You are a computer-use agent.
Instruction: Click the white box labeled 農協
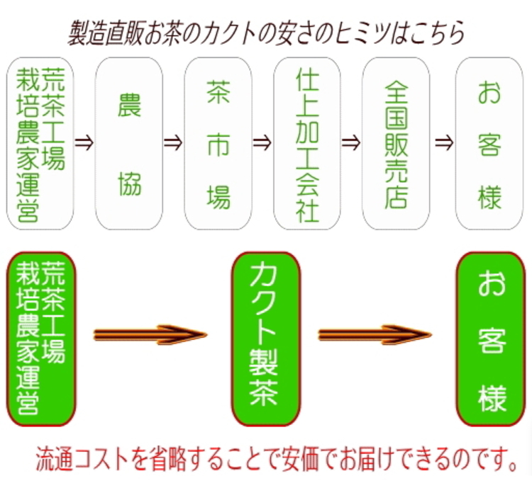(129, 143)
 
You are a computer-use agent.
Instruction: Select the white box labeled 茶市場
(218, 143)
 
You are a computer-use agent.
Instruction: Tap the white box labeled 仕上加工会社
(307, 143)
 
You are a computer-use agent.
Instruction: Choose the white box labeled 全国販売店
(396, 143)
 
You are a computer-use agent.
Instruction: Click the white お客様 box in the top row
(489, 143)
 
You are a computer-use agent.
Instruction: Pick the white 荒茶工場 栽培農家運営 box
(40, 143)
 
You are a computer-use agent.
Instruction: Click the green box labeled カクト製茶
(266, 339)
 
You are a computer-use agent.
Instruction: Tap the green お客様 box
(491, 339)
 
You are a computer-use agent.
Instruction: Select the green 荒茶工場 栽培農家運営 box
(41, 339)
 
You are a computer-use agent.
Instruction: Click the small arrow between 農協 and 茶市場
(173, 142)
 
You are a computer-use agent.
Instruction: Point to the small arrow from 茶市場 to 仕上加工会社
(262, 142)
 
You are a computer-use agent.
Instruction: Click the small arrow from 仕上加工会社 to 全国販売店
(351, 142)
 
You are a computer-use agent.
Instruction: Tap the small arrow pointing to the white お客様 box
(444, 142)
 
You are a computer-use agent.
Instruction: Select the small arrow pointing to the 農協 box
(84, 142)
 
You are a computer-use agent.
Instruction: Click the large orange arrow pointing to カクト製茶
(150, 335)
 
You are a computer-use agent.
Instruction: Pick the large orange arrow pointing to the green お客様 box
(375, 335)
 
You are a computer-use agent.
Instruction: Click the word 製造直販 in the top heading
(106, 33)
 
